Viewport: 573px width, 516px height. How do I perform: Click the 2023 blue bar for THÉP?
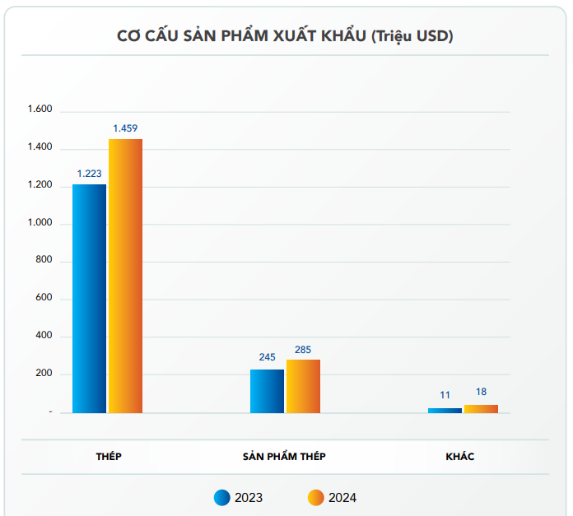(89, 298)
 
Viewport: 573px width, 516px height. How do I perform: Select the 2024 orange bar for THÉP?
(125, 276)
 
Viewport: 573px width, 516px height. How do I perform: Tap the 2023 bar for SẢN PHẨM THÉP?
(267, 391)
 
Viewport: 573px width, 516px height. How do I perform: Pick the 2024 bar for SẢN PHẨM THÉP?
(303, 386)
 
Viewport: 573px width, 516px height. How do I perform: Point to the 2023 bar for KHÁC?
(445, 410)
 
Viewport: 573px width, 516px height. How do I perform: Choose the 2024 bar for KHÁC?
(481, 408)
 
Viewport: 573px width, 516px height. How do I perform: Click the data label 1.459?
(125, 128)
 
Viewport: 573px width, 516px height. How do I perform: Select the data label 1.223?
(89, 174)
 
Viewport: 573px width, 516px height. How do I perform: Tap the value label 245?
(267, 357)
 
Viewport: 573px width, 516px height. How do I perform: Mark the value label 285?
(303, 350)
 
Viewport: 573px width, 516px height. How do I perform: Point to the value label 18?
(481, 393)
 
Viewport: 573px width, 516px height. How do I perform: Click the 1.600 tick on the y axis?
(40, 110)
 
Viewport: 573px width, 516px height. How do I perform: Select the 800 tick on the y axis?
(43, 261)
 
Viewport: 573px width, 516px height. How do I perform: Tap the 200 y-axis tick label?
(43, 374)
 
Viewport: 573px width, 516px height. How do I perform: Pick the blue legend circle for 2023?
(221, 497)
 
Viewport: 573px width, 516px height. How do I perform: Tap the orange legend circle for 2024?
(315, 497)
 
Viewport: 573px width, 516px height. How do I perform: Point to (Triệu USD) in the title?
(412, 36)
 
